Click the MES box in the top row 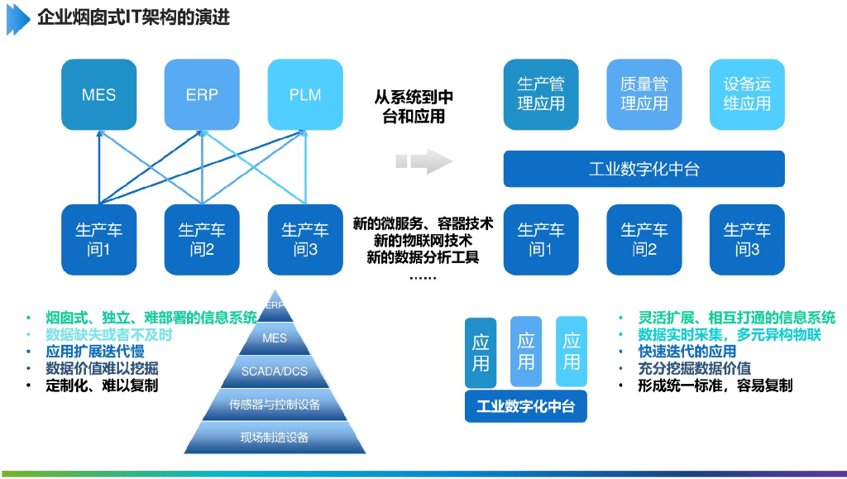click(x=99, y=94)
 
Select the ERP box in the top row click(x=202, y=94)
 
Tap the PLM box click(x=305, y=94)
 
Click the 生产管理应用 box click(x=541, y=94)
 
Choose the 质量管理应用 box click(x=644, y=94)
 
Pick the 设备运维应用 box click(x=747, y=94)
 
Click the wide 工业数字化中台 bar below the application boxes click(x=644, y=169)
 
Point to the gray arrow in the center click(x=424, y=161)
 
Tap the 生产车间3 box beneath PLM click(x=305, y=240)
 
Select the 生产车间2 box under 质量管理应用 click(x=644, y=240)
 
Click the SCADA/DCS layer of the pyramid click(x=275, y=371)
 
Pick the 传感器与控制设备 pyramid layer click(x=275, y=405)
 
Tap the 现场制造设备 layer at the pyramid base click(x=275, y=438)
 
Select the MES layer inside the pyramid click(x=275, y=338)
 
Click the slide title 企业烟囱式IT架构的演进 click(x=133, y=17)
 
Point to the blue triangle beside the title click(x=18, y=19)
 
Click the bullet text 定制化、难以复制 click(x=102, y=386)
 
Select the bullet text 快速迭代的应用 click(x=687, y=352)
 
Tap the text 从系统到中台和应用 click(x=414, y=107)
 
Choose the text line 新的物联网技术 click(x=423, y=240)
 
